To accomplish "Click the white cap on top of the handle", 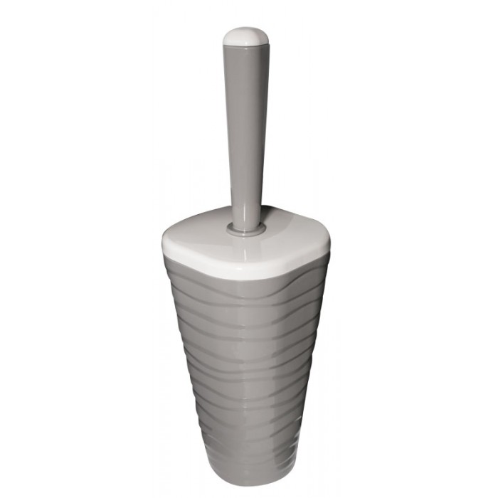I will point(245,37).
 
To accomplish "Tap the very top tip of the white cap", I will point(245,28).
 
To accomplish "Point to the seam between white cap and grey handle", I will point(245,46).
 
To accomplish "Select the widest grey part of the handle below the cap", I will point(245,57).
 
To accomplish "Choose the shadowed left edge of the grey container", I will point(178,341).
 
